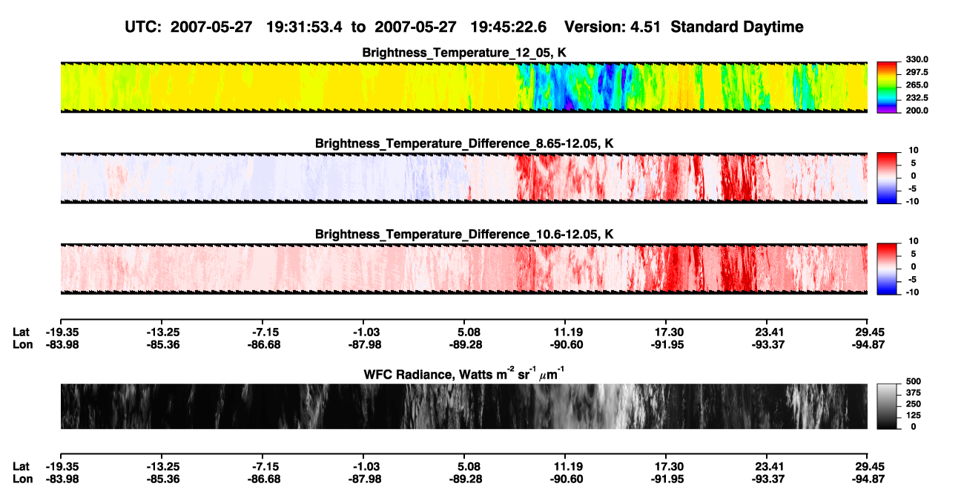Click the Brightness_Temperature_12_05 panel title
pos(464,53)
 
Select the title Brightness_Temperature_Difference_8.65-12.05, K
pos(464,143)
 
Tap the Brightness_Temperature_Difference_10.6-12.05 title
pos(464,235)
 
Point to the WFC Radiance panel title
pos(464,374)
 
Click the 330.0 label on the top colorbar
pos(917,59)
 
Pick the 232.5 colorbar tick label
pos(917,98)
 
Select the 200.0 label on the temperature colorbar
pos(917,111)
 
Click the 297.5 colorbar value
pos(917,73)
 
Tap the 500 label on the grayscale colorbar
pos(913,381)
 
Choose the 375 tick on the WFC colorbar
pos(913,393)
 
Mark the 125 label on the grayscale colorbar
pos(913,416)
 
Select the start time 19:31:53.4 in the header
pos(304,27)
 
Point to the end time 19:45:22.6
pos(508,27)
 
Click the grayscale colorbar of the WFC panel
pos(887,406)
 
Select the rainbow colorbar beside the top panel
pos(887,88)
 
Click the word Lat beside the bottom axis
pos(21,467)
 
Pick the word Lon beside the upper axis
pos(23,344)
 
